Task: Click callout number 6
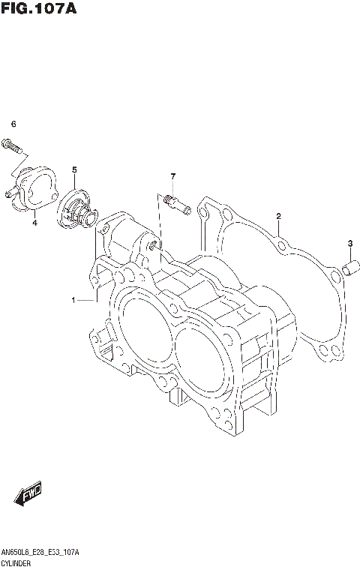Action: coord(13,124)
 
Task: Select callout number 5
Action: coord(75,170)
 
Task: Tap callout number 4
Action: coord(34,223)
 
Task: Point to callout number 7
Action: coord(172,176)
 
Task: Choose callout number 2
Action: coord(278,217)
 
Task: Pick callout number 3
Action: coord(349,242)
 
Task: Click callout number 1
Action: coord(74,301)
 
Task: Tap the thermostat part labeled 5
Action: coord(75,208)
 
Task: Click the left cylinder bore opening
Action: coord(142,330)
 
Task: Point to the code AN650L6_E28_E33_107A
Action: coord(40,551)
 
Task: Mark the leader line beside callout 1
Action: coord(86,301)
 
